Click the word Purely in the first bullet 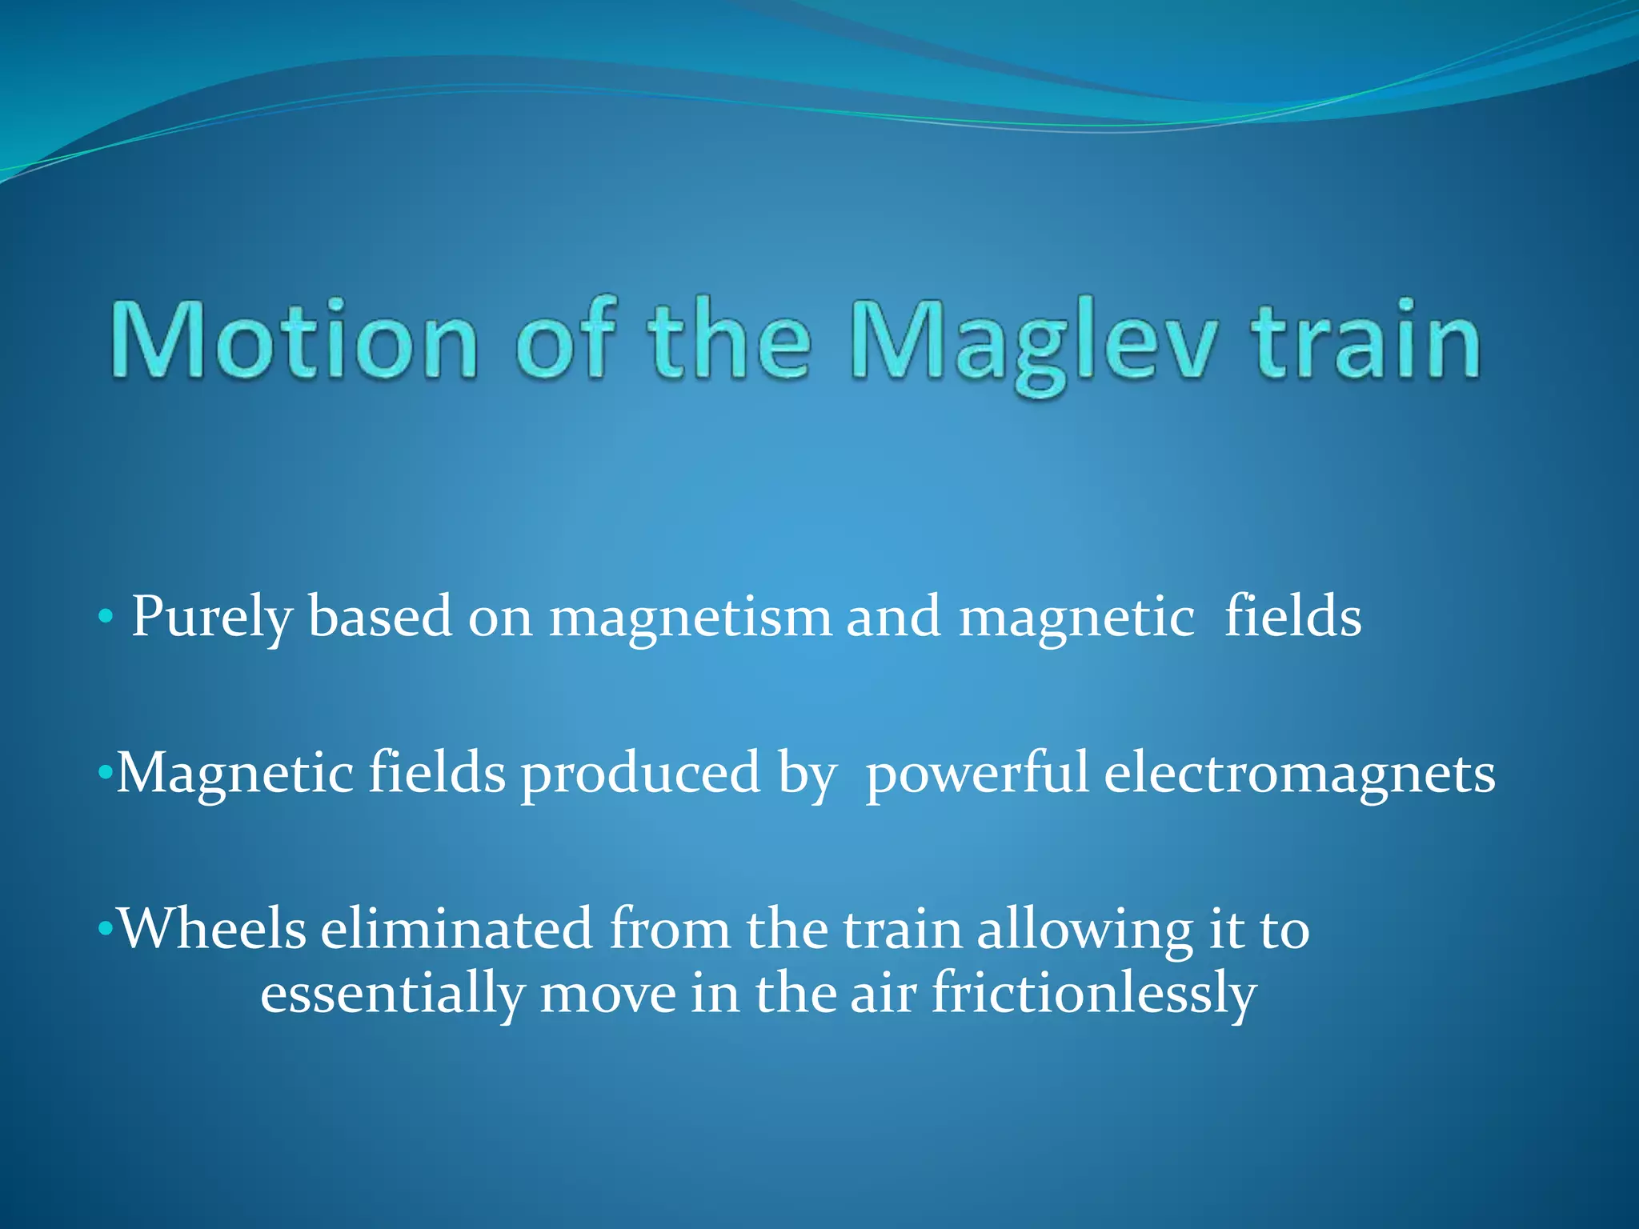tap(212, 618)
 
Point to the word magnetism tap(690, 618)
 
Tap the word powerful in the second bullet tap(976, 775)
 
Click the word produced tap(640, 775)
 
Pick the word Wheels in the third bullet tap(212, 930)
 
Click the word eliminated tap(457, 930)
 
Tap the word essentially tap(392, 995)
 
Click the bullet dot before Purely tap(104, 617)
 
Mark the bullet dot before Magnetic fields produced tap(104, 774)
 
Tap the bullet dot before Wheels tap(104, 929)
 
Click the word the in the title tap(729, 339)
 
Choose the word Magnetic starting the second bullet tap(234, 775)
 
